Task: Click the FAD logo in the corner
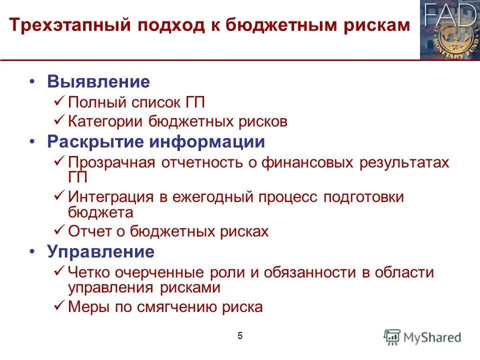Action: [x=449, y=30]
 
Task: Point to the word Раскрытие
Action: [x=95, y=142]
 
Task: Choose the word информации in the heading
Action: [x=206, y=142]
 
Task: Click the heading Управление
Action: [x=100, y=251]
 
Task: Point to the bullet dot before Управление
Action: [x=32, y=251]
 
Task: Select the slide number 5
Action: [x=240, y=336]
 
